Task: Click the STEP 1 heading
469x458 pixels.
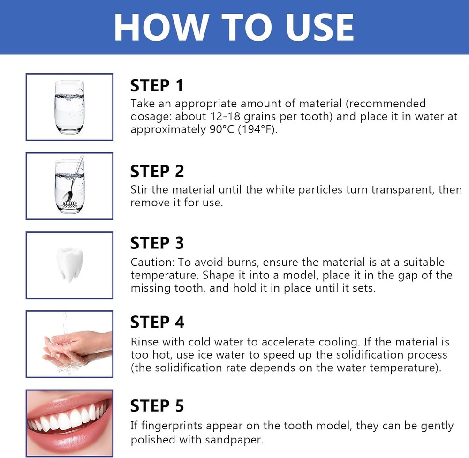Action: coord(157,86)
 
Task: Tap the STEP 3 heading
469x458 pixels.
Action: coord(157,243)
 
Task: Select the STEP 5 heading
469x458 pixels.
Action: coord(157,405)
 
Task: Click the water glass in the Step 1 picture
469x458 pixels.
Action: coord(69,106)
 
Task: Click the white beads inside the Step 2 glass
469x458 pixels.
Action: coord(70,204)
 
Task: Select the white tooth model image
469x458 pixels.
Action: coord(69,265)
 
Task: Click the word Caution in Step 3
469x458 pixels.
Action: coord(150,262)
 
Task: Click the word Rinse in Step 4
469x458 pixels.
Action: coord(144,342)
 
